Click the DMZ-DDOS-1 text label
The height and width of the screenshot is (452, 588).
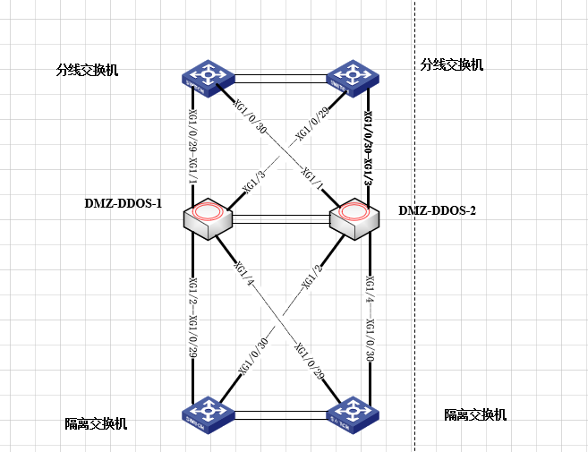[x=123, y=203]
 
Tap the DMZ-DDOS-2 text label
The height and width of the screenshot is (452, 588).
[x=437, y=211]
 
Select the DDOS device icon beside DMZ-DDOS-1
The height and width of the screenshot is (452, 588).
[x=207, y=218]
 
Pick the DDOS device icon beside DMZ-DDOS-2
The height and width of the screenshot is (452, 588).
[x=355, y=218]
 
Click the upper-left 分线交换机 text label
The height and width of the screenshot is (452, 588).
[x=87, y=70]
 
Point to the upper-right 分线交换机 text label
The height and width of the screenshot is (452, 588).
[x=452, y=64]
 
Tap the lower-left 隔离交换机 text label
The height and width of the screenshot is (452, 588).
[x=96, y=423]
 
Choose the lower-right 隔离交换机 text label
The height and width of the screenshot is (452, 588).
[x=475, y=414]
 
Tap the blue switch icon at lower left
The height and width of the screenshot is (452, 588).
[x=206, y=414]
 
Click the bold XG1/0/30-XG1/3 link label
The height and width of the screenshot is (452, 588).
[x=368, y=147]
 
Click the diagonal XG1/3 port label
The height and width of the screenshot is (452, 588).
[x=254, y=185]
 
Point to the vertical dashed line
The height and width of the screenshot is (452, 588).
[x=414, y=269]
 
